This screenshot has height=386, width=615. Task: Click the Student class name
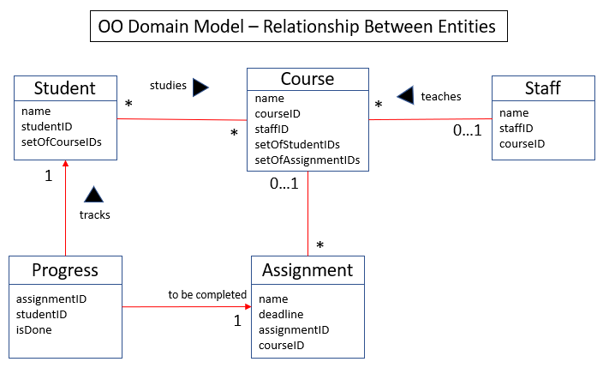65,88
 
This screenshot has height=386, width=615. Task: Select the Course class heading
307,79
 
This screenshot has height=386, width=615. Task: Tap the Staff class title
543,88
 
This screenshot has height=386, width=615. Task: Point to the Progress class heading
65,270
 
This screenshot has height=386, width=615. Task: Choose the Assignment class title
307,270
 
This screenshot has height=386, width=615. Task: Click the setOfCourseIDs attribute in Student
62,142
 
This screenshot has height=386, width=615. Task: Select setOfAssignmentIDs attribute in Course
307,160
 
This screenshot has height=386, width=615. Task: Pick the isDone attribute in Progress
33,330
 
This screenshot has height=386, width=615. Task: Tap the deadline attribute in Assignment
281,315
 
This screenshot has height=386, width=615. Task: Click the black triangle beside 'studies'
200,87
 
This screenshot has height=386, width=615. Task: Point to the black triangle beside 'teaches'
405,95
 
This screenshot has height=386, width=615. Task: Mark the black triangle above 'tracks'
93,195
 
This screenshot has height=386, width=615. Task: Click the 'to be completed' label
207,294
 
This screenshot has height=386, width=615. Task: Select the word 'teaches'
441,97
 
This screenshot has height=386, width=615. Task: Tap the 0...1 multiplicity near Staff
467,130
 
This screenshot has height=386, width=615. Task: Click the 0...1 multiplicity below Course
284,184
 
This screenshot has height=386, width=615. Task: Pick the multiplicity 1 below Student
49,176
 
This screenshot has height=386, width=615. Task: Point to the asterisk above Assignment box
320,245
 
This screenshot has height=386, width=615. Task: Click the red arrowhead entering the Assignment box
248,306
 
